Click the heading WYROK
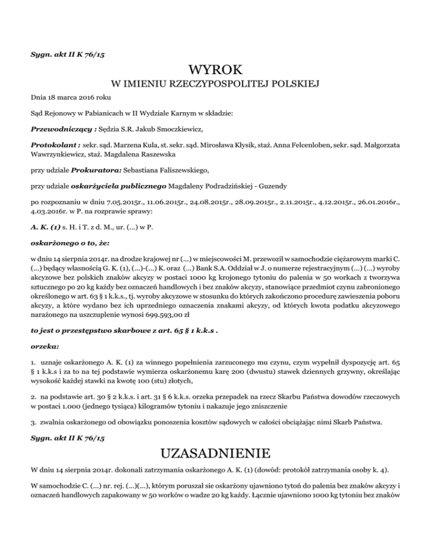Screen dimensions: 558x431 (x=215, y=71)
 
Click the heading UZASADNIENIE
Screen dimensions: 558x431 (x=215, y=452)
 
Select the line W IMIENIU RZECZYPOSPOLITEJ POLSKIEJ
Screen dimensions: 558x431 (x=215, y=85)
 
